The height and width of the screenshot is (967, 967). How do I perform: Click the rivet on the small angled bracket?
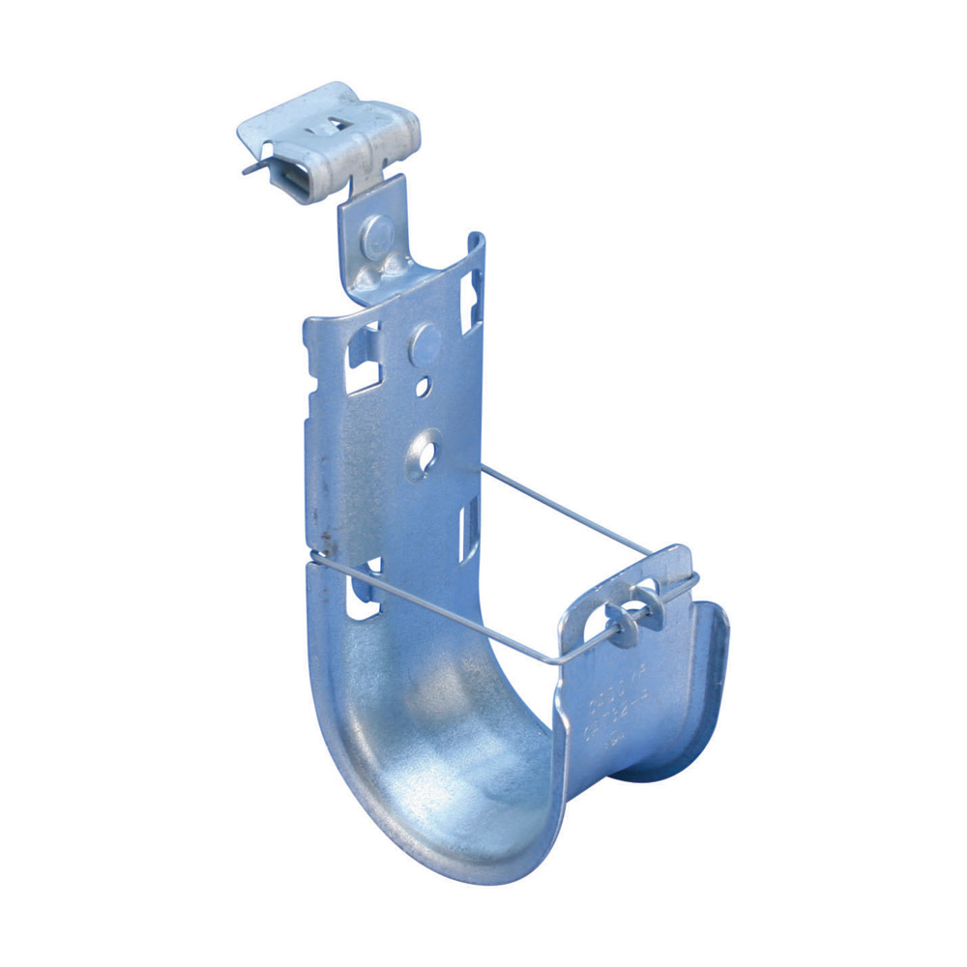pos(379,231)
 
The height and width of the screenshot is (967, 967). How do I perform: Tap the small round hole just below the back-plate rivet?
pos(423,388)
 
